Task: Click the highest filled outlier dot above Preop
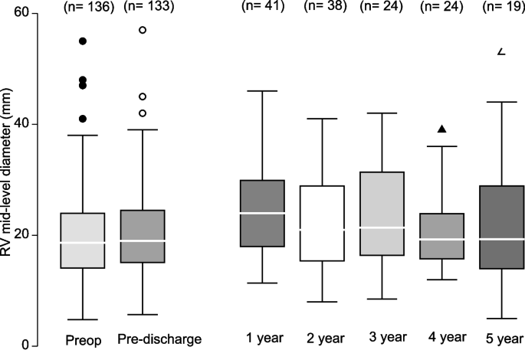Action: pos(83,41)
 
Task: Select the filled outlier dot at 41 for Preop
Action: pos(83,119)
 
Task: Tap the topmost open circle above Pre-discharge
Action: pos(143,30)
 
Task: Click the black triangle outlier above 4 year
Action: pos(442,129)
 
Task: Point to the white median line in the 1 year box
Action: pos(263,213)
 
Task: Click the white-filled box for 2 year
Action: pos(323,222)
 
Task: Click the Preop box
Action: pos(83,230)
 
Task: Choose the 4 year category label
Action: pos(442,339)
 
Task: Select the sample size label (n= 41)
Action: pos(263,7)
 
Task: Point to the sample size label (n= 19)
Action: pos(502,7)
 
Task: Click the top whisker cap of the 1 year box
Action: pos(263,91)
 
